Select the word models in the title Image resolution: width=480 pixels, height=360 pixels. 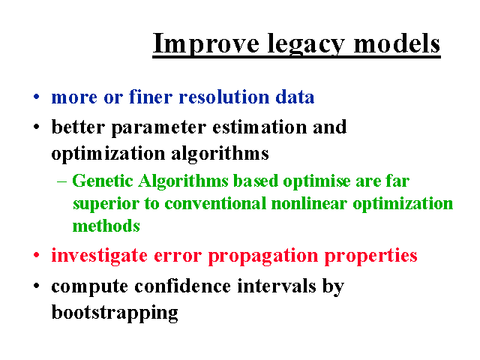pos(397,43)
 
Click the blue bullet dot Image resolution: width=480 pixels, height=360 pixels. pos(37,97)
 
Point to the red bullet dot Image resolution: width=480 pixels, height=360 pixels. pos(37,255)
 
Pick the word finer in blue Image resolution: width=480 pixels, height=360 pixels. pos(151,97)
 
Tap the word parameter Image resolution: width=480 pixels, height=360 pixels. pos(158,128)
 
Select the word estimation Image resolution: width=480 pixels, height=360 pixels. pos(259,127)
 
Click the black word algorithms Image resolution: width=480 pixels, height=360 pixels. pos(220,154)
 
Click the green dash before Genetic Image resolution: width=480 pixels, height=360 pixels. pos(61,181)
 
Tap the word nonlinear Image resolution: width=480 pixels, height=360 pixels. pos(309,203)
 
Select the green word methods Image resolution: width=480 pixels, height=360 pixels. pos(106,226)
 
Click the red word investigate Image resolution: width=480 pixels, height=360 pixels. pos(99,256)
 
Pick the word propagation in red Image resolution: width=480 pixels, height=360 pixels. pos(263,256)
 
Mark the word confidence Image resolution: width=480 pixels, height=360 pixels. pos(183,286)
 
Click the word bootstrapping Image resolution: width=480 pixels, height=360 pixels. pos(115,313)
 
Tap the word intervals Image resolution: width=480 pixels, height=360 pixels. pos(277,286)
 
